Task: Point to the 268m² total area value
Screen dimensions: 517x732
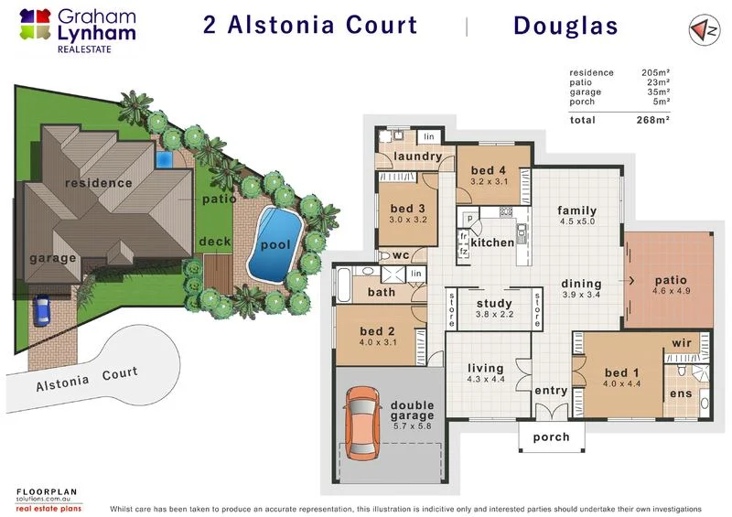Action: pyautogui.click(x=656, y=120)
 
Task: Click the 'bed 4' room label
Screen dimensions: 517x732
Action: pyautogui.click(x=489, y=170)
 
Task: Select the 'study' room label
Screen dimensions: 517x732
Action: pyautogui.click(x=495, y=304)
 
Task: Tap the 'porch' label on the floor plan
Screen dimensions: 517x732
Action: pyautogui.click(x=551, y=437)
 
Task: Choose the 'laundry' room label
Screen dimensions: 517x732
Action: pyautogui.click(x=418, y=156)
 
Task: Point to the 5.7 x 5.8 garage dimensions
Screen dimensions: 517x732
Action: pyautogui.click(x=412, y=425)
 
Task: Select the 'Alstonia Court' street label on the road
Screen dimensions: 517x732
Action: pyautogui.click(x=87, y=379)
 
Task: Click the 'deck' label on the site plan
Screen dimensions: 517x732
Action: pyautogui.click(x=214, y=242)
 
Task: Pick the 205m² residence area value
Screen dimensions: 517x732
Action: pyautogui.click(x=656, y=72)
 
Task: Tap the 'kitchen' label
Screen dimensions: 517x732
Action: pyautogui.click(x=493, y=242)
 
